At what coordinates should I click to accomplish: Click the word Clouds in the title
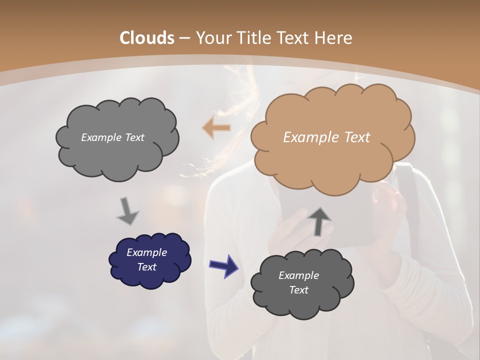coord(147,38)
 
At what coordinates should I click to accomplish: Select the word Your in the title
coord(212,38)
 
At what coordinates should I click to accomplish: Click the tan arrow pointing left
coord(216,128)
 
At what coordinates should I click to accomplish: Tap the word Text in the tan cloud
coord(356,137)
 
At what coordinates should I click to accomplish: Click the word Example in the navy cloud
coord(146,252)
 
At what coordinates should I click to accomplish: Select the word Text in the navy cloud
coord(146,267)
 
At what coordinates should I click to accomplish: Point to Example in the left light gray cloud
coord(100,137)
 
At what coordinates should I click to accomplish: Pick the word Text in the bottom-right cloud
coord(298,290)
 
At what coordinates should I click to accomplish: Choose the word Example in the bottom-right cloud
coord(298,275)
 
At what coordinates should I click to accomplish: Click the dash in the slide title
coord(184,38)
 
